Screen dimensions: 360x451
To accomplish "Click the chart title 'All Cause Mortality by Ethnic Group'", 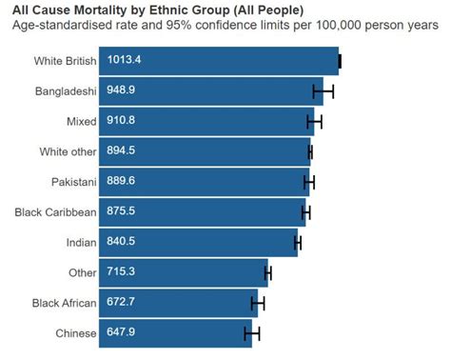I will [x=158, y=10].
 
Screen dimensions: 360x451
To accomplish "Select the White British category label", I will [x=65, y=61].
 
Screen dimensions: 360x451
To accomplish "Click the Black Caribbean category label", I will [x=56, y=212].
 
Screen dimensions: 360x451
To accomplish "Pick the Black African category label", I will [x=64, y=303].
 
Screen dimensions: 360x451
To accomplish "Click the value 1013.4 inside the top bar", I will [x=124, y=61].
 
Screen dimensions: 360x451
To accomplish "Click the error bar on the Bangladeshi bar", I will [x=324, y=91].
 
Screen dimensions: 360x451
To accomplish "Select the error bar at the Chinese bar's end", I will [x=251, y=333].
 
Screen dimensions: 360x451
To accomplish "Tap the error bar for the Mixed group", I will [x=314, y=122].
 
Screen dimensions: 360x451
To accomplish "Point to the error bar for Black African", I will [x=257, y=303].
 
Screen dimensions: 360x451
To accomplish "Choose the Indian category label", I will [x=81, y=243].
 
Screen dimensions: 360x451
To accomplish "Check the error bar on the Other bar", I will [x=268, y=273].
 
